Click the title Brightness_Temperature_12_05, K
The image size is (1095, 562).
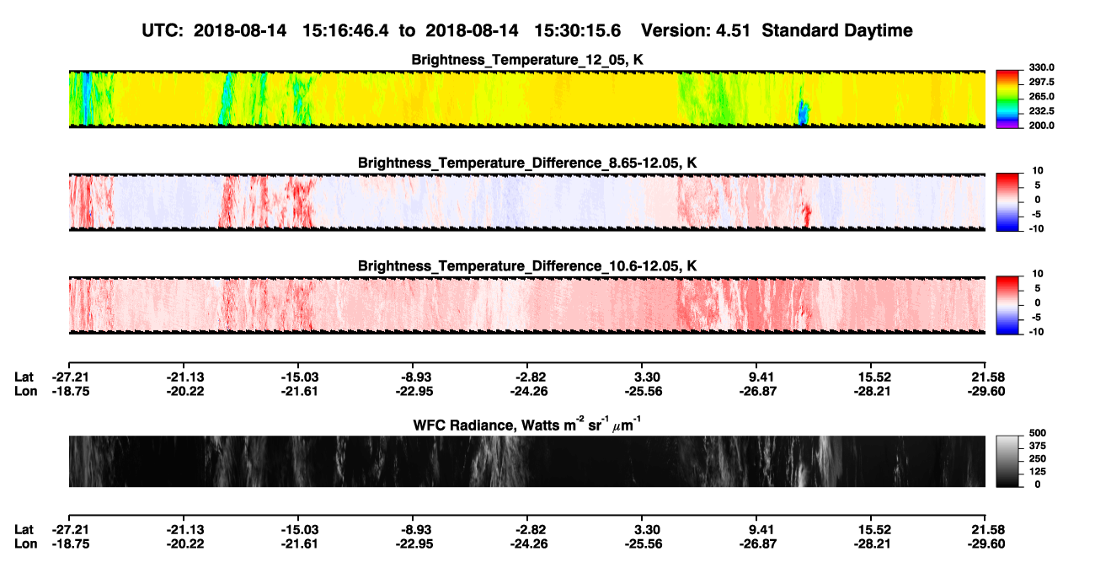[527, 60]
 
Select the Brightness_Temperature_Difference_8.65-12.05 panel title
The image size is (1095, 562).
[527, 163]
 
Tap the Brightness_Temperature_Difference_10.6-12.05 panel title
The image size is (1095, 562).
[527, 266]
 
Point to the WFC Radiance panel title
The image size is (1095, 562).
[527, 425]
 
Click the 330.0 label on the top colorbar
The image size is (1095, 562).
[1041, 67]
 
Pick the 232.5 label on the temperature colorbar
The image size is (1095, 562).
[1041, 111]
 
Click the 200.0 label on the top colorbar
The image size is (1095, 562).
[1041, 126]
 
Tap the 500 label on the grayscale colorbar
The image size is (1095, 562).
[1038, 433]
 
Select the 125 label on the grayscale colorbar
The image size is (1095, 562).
[1038, 472]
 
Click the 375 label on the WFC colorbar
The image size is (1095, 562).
[1038, 446]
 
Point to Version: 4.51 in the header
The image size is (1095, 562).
[695, 30]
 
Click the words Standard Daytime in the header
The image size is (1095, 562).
[837, 30]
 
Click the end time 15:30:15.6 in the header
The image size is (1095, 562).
[577, 30]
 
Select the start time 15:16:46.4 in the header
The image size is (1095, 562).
[345, 30]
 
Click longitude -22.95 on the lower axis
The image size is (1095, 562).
[414, 544]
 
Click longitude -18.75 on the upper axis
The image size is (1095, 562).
[71, 391]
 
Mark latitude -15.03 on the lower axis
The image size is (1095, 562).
[299, 530]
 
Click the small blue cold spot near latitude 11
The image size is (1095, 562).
[803, 113]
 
